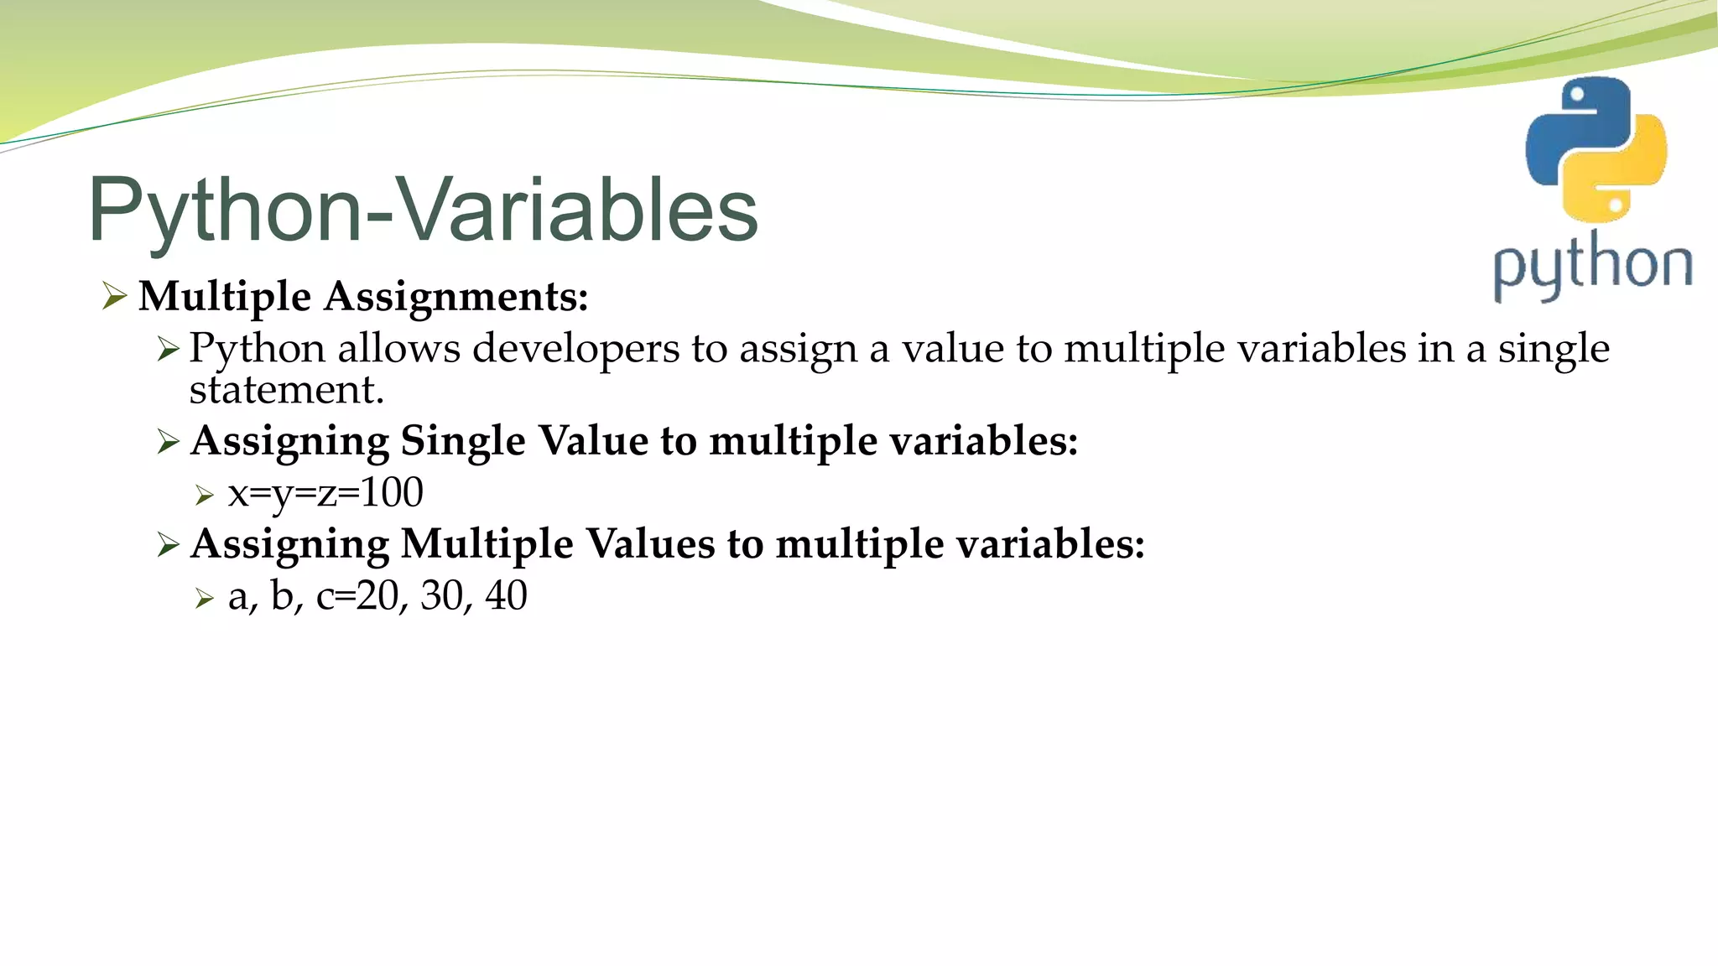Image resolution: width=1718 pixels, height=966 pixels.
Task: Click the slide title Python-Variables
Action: [423, 210]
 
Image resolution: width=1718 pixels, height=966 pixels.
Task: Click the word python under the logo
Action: [1592, 267]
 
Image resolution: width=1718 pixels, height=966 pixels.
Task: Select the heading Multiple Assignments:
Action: [363, 297]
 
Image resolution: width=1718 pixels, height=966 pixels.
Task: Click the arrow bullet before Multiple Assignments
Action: [113, 296]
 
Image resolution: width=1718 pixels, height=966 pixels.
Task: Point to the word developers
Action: [575, 349]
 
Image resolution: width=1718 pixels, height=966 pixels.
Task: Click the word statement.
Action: [286, 390]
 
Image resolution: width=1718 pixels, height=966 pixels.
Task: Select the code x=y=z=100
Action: [325, 493]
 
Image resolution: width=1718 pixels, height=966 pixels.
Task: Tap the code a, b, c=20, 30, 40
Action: [377, 596]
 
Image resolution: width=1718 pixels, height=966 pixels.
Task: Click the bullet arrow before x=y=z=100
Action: [205, 496]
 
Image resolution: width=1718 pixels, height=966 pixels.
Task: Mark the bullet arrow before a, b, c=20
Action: [205, 599]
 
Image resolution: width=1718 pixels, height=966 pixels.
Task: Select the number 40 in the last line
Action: [506, 596]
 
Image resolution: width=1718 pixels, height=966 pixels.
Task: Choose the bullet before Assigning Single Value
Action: [168, 442]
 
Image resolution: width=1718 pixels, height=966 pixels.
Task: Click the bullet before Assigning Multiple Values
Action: [168, 545]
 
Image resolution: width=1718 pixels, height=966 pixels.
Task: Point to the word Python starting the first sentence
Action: [257, 349]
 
